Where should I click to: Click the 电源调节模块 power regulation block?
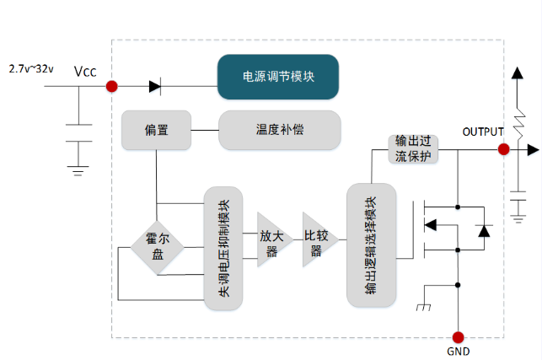pos(278,77)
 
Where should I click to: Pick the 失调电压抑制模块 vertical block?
pos(223,248)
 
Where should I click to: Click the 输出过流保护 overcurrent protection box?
pos(413,148)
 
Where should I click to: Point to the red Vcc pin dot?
pos(111,85)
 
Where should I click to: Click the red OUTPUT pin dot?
pos(503,149)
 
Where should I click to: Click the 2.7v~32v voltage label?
pos(31,67)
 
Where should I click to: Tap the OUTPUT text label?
pos(483,132)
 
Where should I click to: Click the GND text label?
pos(458,350)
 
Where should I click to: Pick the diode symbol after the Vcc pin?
pos(155,85)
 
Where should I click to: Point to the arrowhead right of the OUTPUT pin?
pos(532,149)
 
